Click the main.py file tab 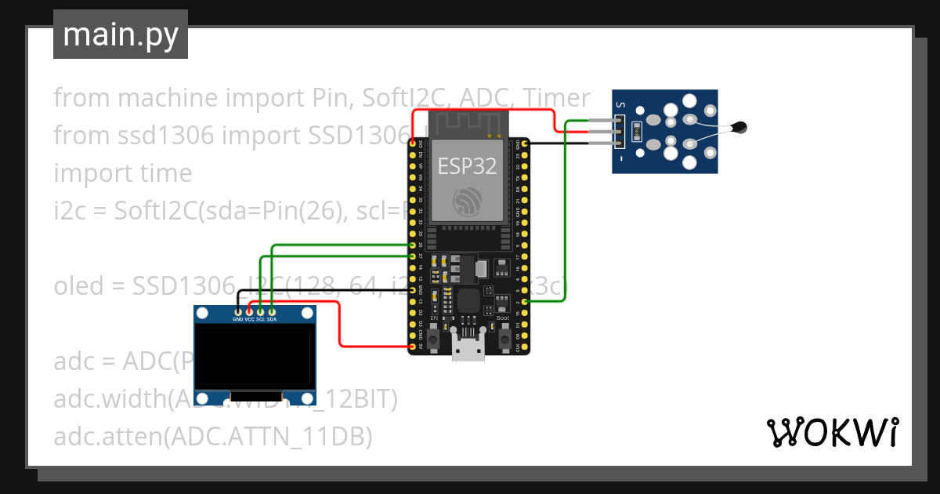(120, 35)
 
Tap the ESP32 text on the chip (468, 166)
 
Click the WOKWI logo (832, 432)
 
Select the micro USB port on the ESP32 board (468, 350)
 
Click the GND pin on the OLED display (238, 312)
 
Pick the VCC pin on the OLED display (249, 312)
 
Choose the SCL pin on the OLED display (260, 312)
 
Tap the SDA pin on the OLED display (271, 312)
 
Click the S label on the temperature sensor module (620, 104)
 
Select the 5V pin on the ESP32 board (413, 346)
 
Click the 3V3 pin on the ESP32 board (413, 143)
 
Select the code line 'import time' (122, 173)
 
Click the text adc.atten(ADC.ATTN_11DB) (212, 437)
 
